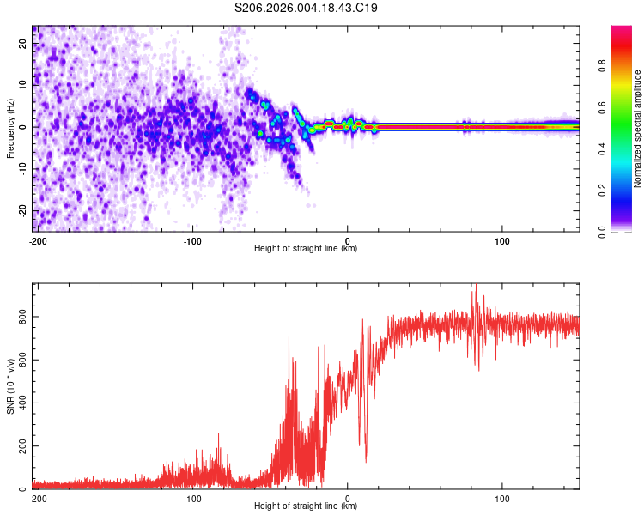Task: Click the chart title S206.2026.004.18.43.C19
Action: [307, 9]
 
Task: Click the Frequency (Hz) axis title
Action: [9, 129]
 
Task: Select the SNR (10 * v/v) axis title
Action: [10, 386]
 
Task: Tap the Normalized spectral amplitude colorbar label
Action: [638, 129]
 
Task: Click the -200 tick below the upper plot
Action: [37, 239]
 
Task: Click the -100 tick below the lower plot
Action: [192, 497]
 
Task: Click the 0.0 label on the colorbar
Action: [603, 230]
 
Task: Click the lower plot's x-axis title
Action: [306, 506]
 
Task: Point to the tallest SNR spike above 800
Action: [474, 287]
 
